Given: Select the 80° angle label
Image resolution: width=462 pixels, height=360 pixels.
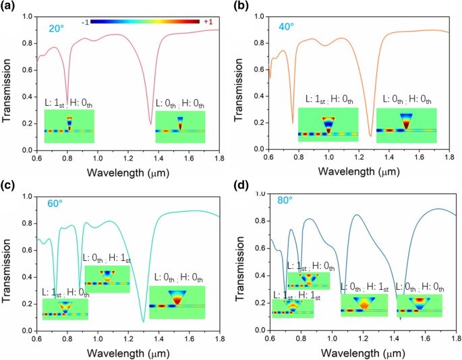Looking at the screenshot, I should (286, 200).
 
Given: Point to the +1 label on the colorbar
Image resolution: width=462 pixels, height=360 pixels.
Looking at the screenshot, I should (208, 22).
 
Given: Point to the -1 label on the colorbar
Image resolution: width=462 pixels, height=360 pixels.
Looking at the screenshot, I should (85, 22).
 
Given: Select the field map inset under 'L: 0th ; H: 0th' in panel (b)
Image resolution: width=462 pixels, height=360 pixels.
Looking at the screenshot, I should (406, 125).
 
